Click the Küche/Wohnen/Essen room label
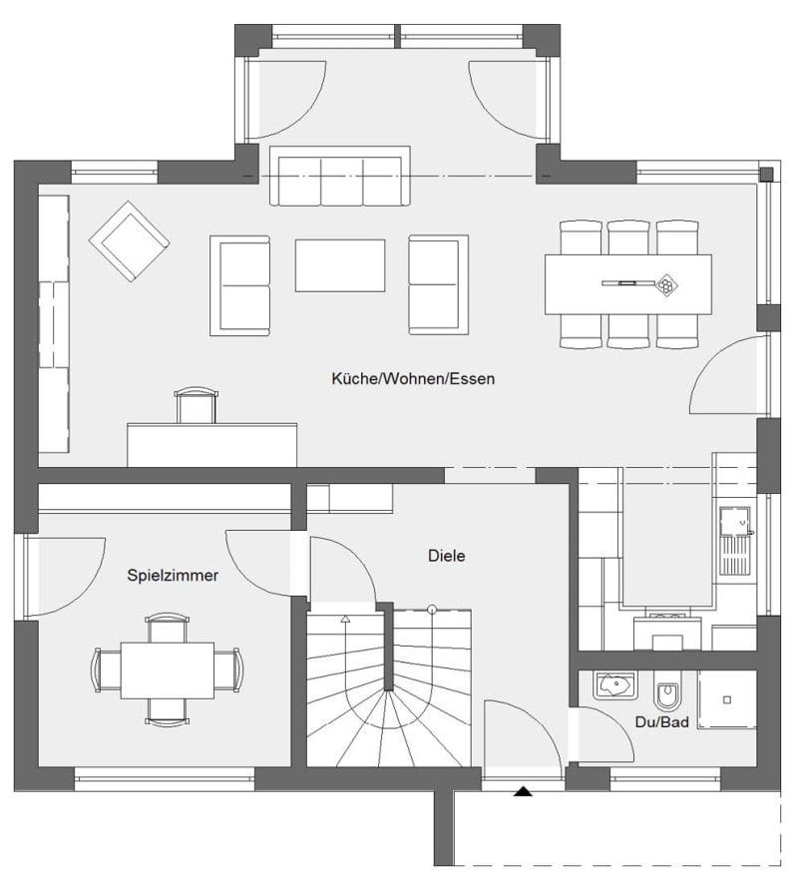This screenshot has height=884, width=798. click(x=413, y=378)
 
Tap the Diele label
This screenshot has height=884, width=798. click(x=446, y=556)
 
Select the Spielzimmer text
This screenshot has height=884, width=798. click(x=173, y=576)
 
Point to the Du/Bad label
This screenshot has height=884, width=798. click(x=661, y=722)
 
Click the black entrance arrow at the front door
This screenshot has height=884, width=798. click(x=524, y=791)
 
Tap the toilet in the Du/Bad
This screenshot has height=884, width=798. click(x=667, y=691)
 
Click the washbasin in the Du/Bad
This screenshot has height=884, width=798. click(x=614, y=685)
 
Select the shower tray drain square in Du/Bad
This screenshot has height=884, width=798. click(x=727, y=699)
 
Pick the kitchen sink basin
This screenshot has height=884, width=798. click(x=735, y=521)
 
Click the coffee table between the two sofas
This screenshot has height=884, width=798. click(x=340, y=265)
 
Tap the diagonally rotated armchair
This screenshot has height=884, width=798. click(x=129, y=240)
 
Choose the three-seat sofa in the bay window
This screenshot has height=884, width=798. click(x=340, y=176)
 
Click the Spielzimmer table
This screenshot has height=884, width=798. click(x=168, y=670)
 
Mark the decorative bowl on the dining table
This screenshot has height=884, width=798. click(x=666, y=284)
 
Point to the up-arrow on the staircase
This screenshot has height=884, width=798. click(x=345, y=619)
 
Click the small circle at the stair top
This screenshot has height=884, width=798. click(x=432, y=609)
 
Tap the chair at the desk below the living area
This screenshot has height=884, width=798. click(x=196, y=405)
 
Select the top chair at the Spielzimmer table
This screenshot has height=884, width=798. click(x=168, y=628)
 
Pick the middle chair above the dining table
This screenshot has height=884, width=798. click(x=629, y=237)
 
